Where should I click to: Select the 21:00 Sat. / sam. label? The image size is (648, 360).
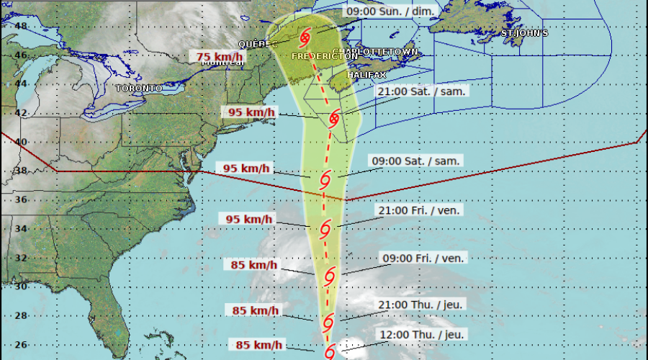tap(423, 91)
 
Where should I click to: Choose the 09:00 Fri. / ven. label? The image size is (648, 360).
tap(423, 257)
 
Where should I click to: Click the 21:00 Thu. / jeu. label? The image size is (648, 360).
tap(422, 305)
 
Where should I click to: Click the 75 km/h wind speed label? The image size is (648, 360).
tap(220, 57)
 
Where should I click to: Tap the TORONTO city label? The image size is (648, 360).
tap(139, 88)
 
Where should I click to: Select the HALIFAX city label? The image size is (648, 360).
tap(366, 75)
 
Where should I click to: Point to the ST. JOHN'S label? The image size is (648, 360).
tap(525, 33)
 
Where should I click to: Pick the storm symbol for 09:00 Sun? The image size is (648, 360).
tap(306, 35)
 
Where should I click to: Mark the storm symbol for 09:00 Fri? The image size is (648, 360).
tap(330, 275)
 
